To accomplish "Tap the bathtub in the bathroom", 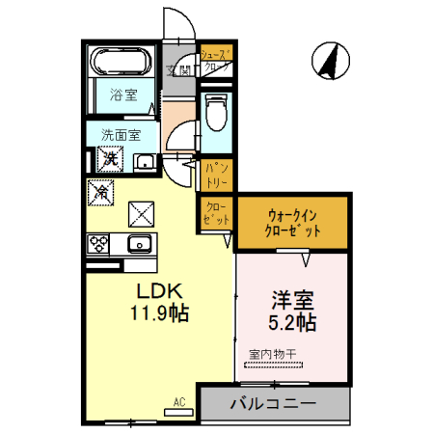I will pos(122,63).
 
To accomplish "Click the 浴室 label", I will pos(122,95).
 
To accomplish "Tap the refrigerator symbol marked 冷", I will pos(100,192).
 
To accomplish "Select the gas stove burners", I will pos(100,243).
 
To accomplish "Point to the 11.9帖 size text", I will pos(155,312).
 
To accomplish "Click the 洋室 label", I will pos(291,300).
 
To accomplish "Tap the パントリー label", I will pos(216,174).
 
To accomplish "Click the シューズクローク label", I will pos(216,63).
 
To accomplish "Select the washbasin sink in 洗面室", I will pos(144,162).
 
